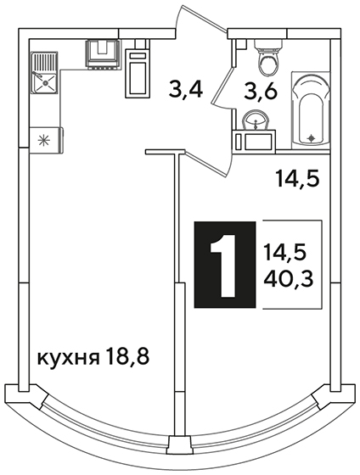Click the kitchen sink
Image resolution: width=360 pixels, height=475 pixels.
pos(44,73)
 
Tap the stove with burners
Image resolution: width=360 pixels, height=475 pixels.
pos(103,53)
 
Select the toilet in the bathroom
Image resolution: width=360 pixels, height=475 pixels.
pos(268,58)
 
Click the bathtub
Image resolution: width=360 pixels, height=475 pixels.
pos(311,110)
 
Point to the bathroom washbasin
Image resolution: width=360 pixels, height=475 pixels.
pos(256,120)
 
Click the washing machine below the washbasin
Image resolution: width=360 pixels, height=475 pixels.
pos(255,140)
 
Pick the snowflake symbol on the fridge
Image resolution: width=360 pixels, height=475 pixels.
pos(43,141)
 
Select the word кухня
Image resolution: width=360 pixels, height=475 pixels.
pos(69,358)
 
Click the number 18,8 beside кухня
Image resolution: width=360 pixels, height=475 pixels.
pos(128,356)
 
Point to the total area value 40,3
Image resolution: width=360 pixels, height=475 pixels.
pos(288,279)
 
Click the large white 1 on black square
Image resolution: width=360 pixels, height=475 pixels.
pos(224,265)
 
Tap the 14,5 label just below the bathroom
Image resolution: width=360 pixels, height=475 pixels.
pos(297,179)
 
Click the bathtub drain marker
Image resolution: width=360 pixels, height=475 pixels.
pos(311,138)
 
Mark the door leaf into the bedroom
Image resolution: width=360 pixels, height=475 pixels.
pos(207,163)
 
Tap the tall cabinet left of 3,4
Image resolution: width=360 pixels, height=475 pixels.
pos(138,73)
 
